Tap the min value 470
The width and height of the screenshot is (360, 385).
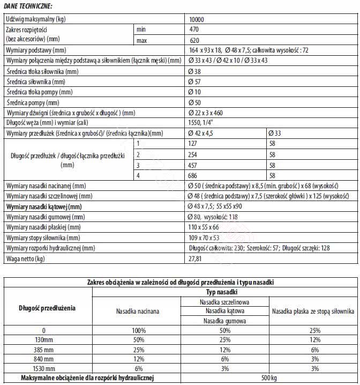(195, 30)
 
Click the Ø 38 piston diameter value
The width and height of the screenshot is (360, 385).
(194, 71)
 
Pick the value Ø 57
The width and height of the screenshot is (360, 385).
(194, 82)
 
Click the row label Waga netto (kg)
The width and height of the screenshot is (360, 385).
(25, 258)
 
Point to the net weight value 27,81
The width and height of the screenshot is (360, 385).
(196, 258)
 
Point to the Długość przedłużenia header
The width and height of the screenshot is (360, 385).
(47, 308)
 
